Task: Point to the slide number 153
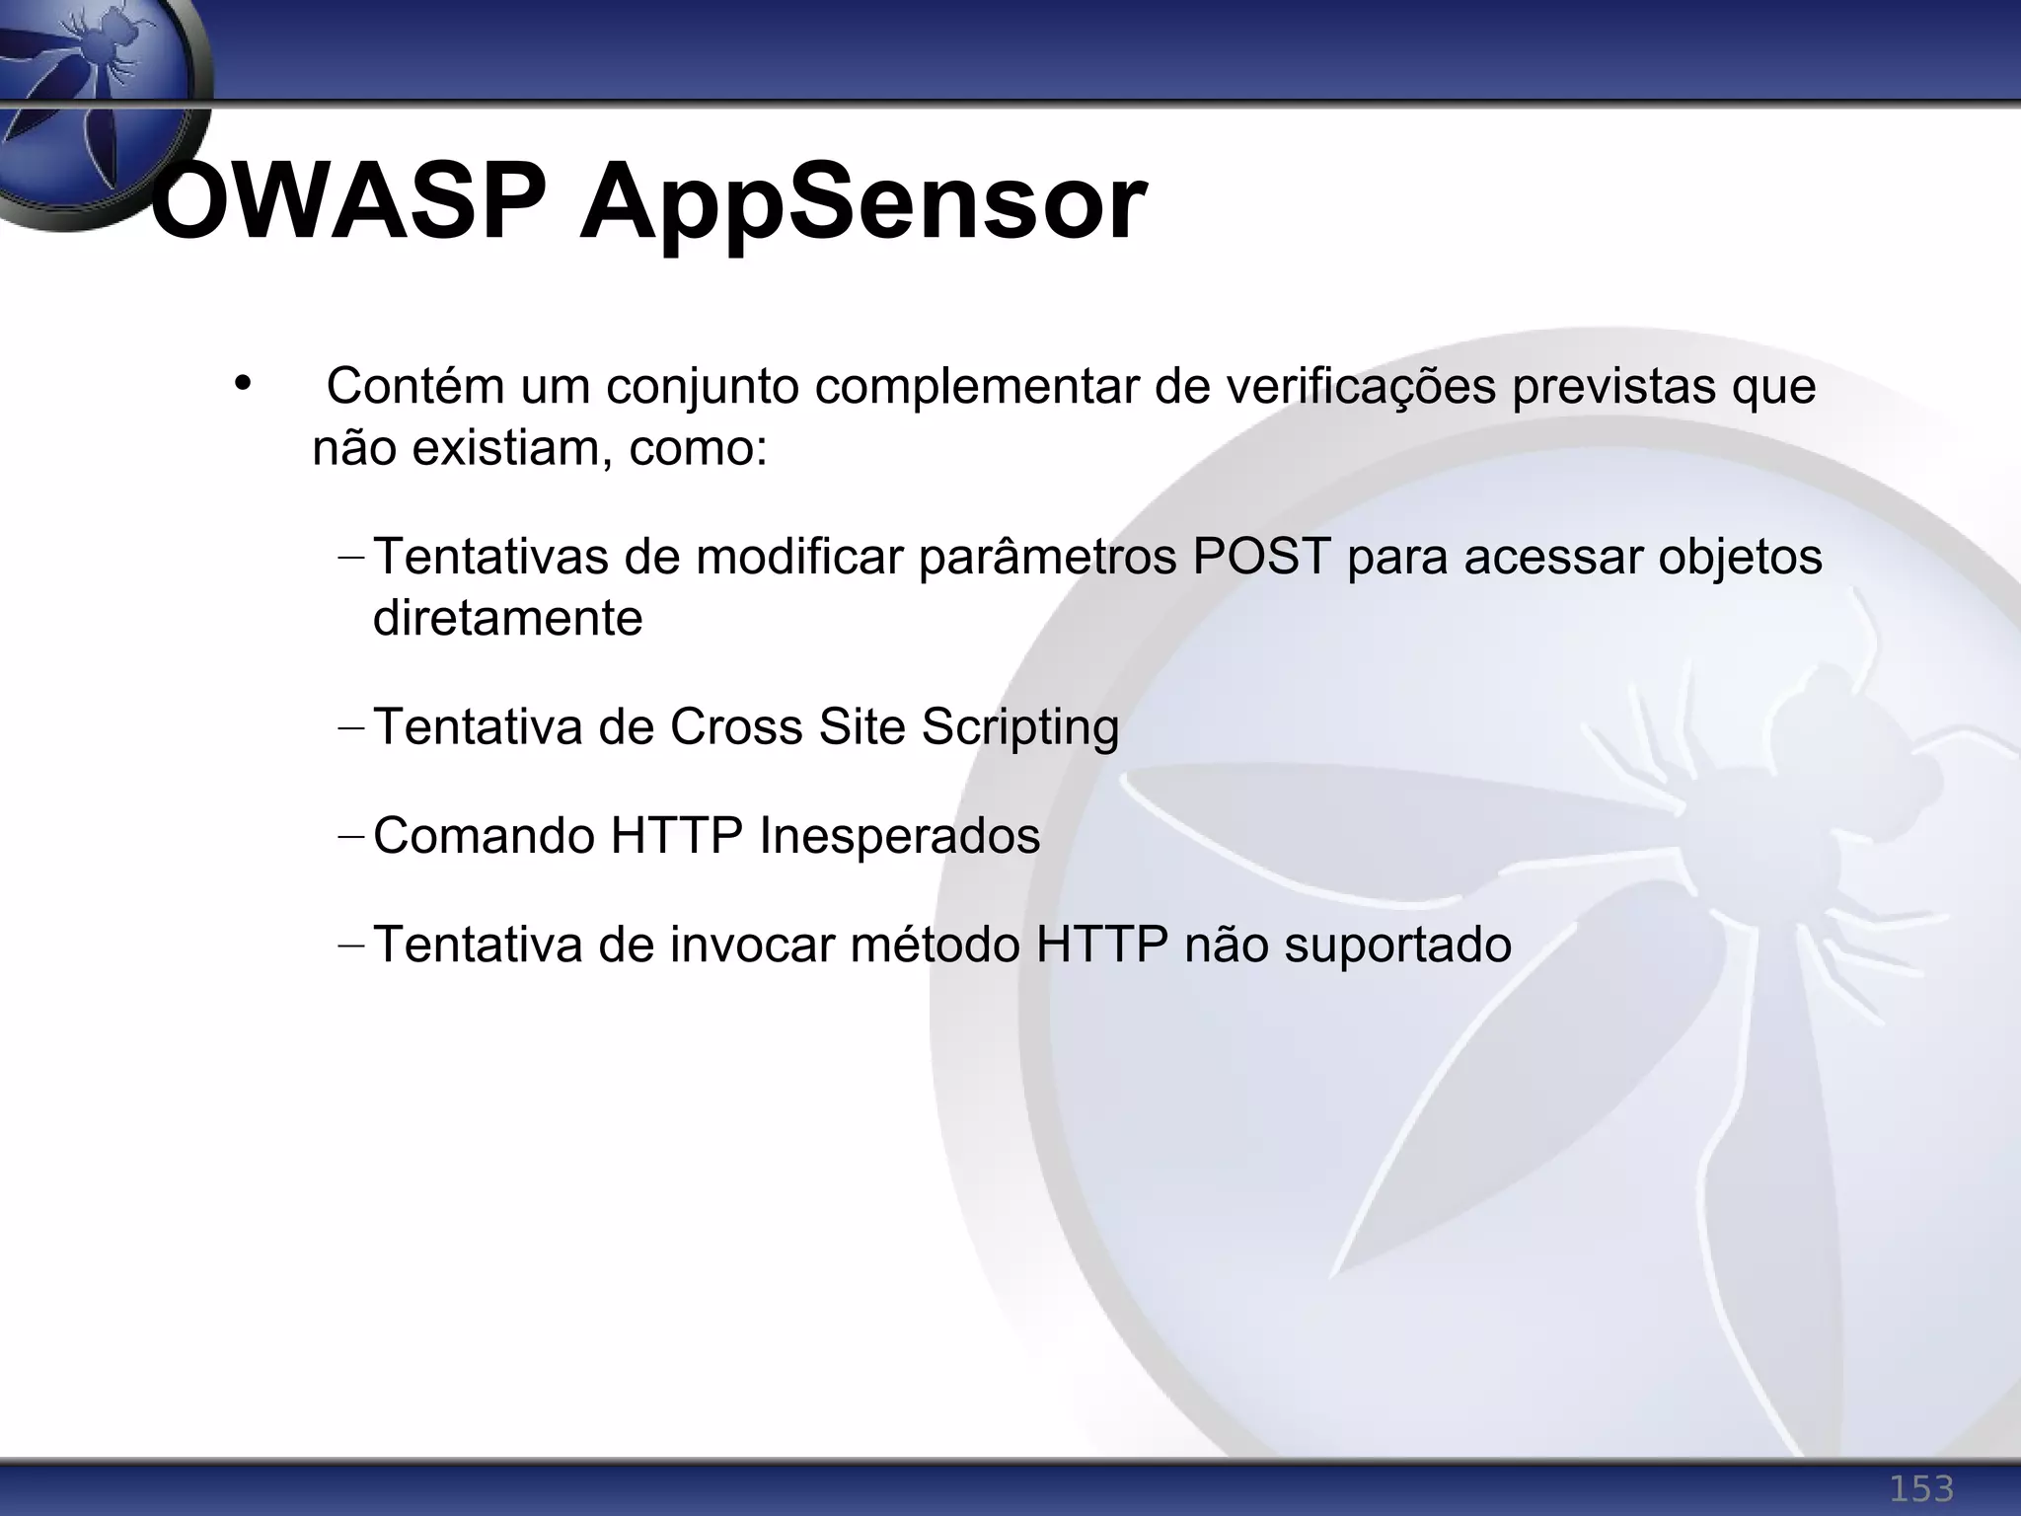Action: tap(1920, 1487)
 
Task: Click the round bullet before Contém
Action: tap(243, 383)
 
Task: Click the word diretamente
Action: tap(507, 619)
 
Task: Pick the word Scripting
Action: tap(1020, 728)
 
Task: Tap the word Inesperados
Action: tap(899, 836)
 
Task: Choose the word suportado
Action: tap(1397, 946)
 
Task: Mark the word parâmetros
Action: tap(1048, 558)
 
